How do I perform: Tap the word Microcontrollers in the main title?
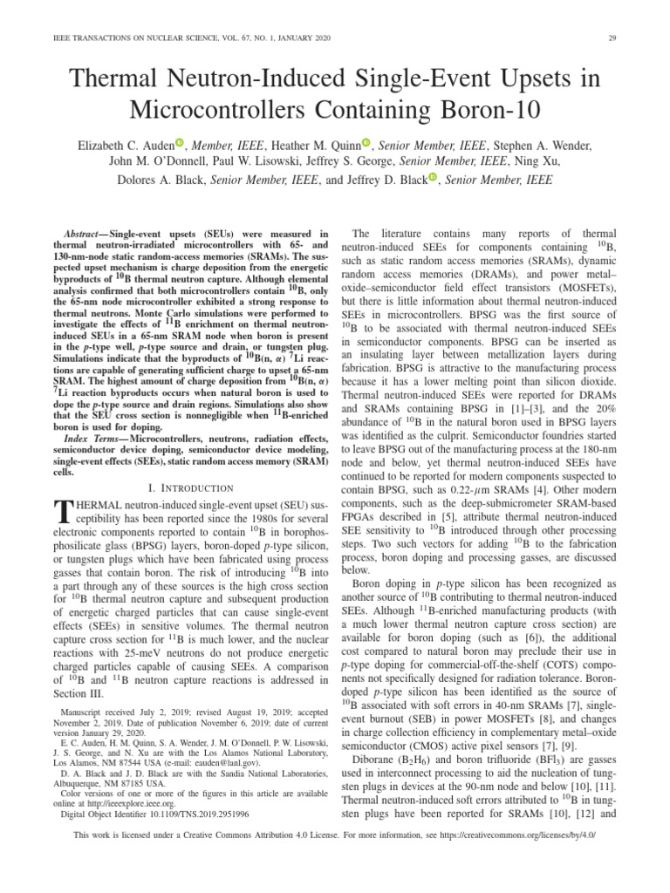click(228, 111)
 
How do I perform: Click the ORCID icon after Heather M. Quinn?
click(366, 143)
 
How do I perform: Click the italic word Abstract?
click(85, 235)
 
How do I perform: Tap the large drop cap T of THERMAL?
click(62, 513)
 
